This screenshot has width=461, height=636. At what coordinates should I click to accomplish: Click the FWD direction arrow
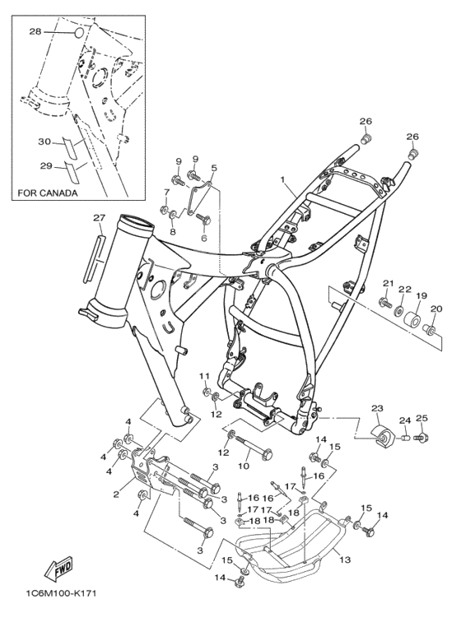tap(58, 567)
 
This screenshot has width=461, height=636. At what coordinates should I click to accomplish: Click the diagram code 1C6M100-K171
tap(61, 594)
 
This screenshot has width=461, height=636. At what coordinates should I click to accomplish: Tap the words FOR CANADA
tap(48, 193)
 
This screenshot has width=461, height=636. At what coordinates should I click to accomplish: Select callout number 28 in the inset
tap(35, 31)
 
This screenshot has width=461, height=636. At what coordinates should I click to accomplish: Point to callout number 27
tap(99, 218)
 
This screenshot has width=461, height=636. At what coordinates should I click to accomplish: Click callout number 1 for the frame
tap(283, 179)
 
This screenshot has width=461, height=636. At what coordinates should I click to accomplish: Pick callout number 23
tap(377, 408)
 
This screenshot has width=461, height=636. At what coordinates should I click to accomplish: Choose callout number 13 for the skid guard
tap(345, 559)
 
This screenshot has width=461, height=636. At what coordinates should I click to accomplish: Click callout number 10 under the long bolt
tap(244, 466)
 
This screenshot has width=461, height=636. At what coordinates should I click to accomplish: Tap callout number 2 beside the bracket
tap(116, 494)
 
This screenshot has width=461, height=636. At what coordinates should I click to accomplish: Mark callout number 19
tap(421, 295)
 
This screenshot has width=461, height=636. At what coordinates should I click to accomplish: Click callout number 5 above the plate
tap(214, 168)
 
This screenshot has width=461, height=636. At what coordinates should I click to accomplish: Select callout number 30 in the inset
tap(44, 142)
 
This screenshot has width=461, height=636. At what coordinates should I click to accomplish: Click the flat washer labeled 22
tap(400, 312)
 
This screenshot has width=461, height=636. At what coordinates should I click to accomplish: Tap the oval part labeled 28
tap(80, 33)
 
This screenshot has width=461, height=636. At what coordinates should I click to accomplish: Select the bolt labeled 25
tap(422, 438)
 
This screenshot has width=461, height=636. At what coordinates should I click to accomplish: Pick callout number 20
tap(435, 309)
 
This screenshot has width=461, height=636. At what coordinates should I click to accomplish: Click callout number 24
tap(404, 420)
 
